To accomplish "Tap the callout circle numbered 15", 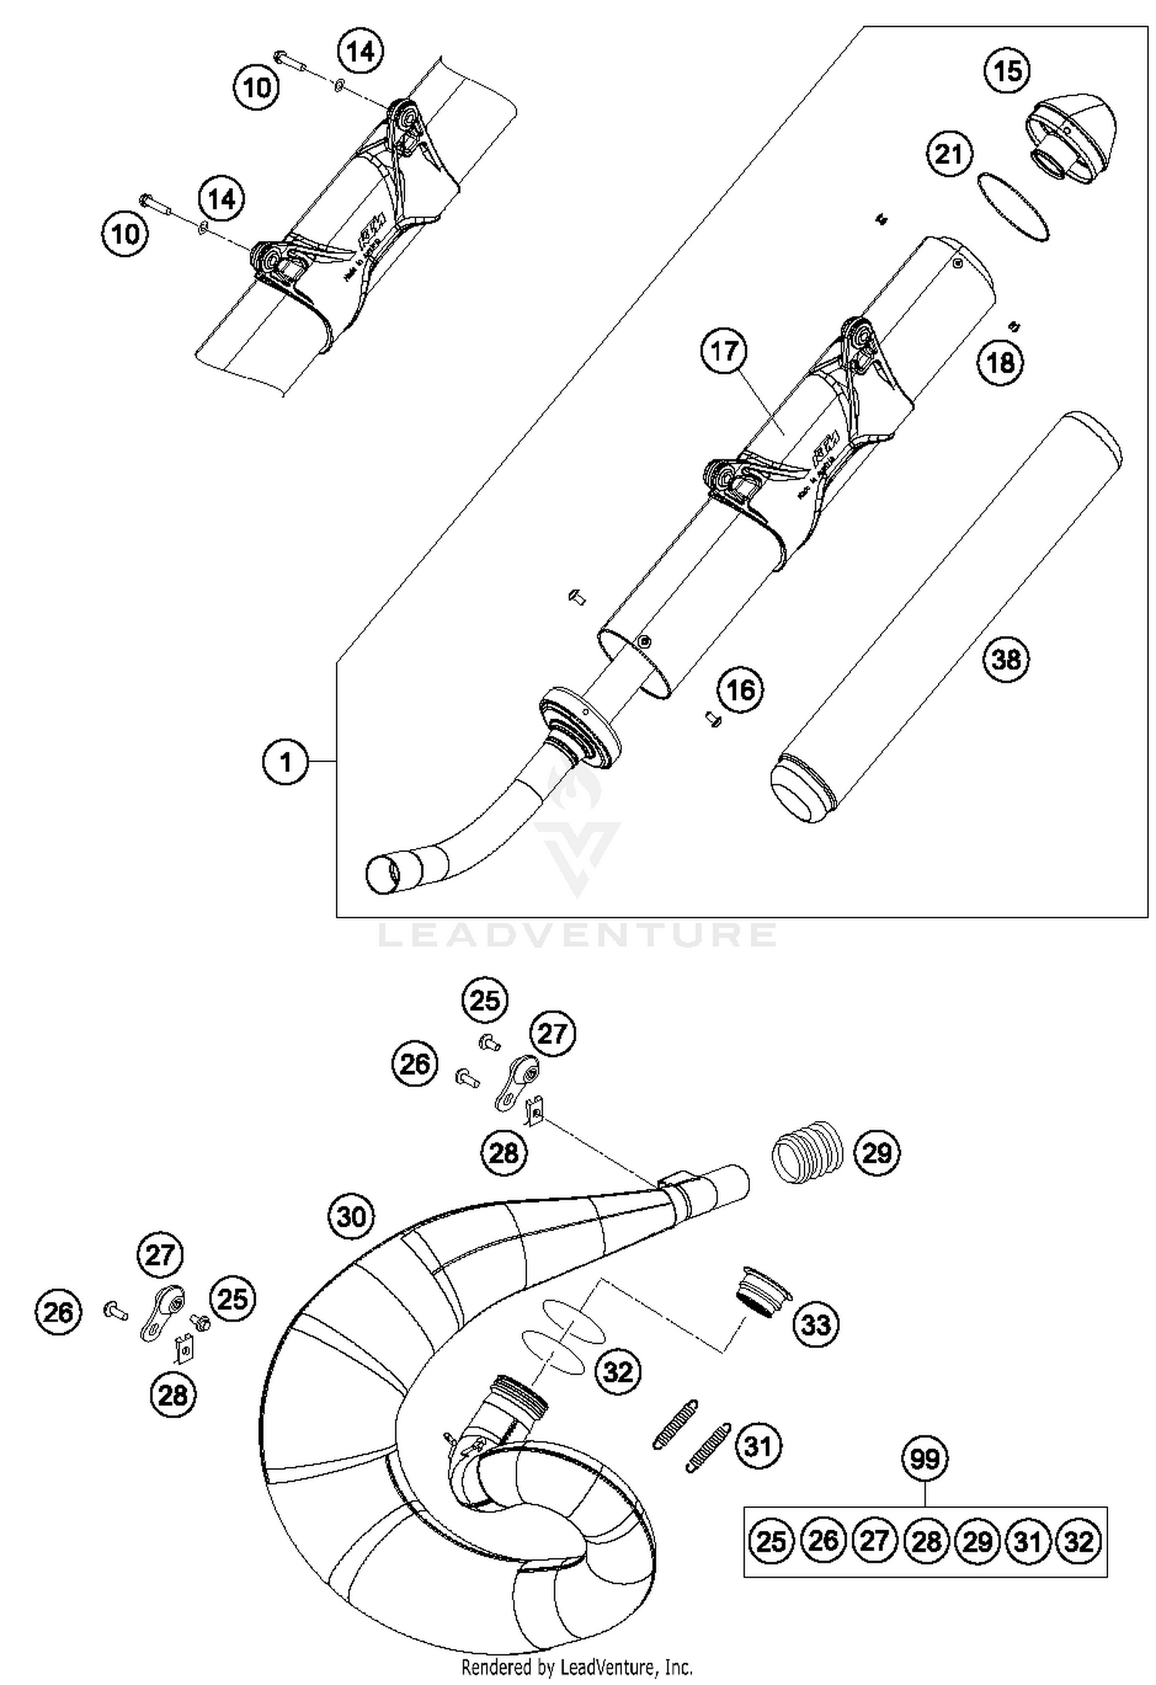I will coord(1008,71).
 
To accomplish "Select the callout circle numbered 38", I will coord(1006,660).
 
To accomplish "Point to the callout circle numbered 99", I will coord(925,1458).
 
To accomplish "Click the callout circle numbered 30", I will coord(351,1217).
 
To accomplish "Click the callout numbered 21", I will coord(949,154).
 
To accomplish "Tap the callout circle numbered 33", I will coord(817,1324).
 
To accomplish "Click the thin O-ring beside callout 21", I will coord(1013,208).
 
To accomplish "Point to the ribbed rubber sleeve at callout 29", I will coord(807,1153).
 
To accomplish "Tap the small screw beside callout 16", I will coord(711,719).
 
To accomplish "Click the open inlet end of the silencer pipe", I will coord(383,875).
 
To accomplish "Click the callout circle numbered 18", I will coord(1001,361).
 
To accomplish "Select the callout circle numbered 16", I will coord(741,690).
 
